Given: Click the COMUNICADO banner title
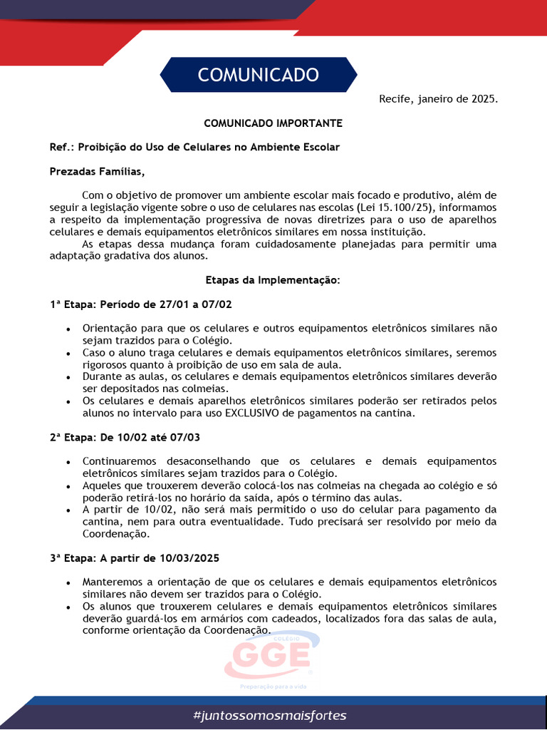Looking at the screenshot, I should click(x=258, y=75).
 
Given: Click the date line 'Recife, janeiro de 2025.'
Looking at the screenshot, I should click(x=438, y=99).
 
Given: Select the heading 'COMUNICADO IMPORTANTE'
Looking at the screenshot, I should click(x=273, y=123).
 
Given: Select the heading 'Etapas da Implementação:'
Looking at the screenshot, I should click(x=273, y=280).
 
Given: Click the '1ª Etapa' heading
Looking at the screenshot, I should click(x=140, y=304).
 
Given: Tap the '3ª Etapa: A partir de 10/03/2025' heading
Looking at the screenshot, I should click(x=139, y=557).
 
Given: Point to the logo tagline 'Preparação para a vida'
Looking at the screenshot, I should click(x=273, y=686).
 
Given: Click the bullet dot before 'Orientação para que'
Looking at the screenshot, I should click(x=68, y=329).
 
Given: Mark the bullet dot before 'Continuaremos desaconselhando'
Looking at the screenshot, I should click(x=68, y=462).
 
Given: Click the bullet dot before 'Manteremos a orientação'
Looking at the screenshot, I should click(x=68, y=582).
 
